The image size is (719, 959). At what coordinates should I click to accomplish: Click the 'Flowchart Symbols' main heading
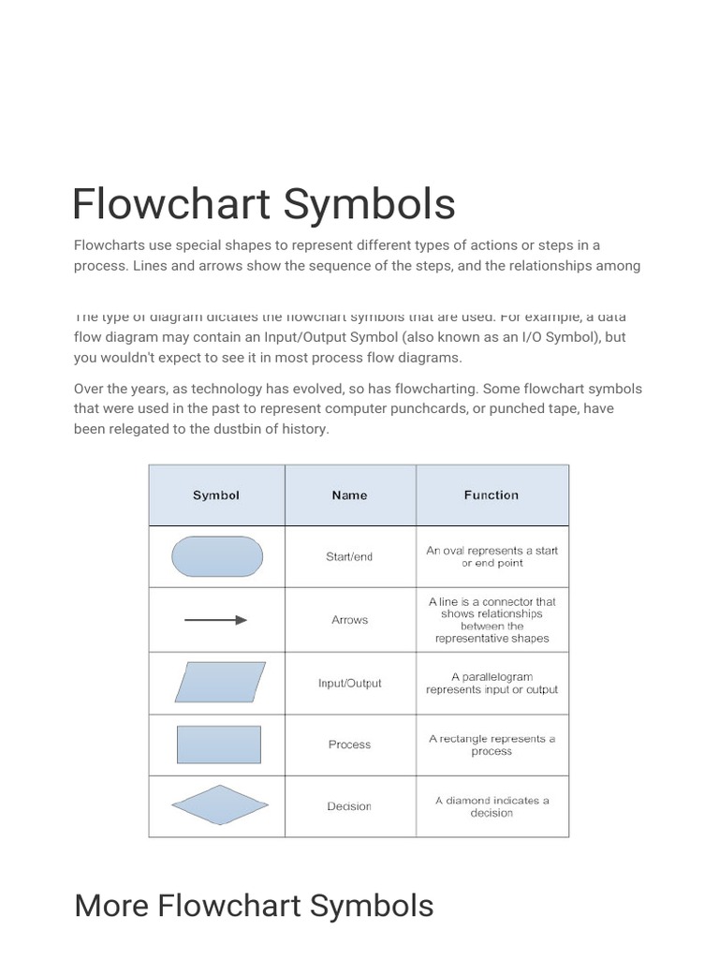264,205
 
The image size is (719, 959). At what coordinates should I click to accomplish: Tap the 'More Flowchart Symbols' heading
254,906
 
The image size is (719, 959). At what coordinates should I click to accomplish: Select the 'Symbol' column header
216,495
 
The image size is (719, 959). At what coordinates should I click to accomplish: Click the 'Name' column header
349,495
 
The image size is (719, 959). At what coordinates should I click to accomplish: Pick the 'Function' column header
491,495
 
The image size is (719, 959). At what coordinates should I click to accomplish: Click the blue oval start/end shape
217,556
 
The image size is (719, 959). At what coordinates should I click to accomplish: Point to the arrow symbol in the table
216,620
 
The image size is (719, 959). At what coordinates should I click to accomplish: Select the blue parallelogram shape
220,683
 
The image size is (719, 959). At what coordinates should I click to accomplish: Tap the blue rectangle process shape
219,745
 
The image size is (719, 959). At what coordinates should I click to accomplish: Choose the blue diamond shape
220,805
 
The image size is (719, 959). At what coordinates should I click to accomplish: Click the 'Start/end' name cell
349,556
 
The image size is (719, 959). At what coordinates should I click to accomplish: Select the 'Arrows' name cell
349,620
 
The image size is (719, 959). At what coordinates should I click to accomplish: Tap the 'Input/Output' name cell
349,683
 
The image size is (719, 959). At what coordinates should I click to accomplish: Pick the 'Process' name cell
349,745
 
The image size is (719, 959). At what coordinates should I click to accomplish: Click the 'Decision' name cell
349,806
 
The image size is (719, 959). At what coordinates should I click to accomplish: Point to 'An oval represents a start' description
492,556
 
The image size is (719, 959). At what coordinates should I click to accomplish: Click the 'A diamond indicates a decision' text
492,806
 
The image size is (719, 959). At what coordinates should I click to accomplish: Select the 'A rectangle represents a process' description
492,745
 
